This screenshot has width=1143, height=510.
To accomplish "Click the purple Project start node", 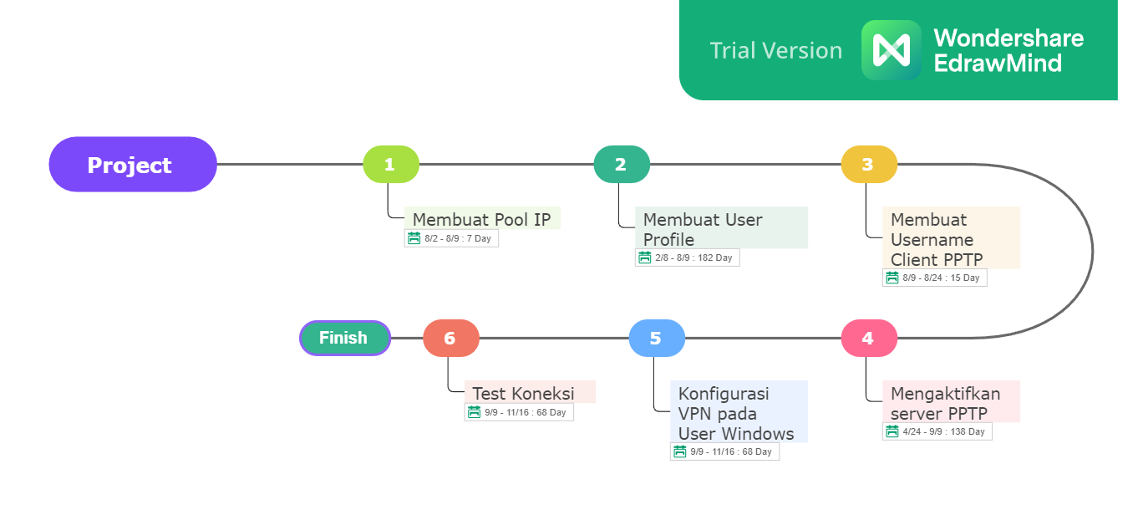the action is click(133, 165).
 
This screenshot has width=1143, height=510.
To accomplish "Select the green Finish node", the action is click(345, 338).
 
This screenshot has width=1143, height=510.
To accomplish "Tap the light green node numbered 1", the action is click(391, 165).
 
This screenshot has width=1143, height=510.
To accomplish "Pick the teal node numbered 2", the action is click(622, 165).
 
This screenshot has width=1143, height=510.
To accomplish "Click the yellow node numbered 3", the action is click(869, 165).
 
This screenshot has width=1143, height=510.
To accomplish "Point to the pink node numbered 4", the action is click(869, 338).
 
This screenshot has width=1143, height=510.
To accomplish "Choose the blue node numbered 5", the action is click(657, 338).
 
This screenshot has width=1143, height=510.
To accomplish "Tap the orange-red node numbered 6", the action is click(451, 338).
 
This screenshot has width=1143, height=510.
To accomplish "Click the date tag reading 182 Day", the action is click(688, 258).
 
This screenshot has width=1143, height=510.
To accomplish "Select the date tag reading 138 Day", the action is click(937, 431).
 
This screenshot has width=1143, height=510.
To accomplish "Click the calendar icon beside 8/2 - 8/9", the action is click(414, 238).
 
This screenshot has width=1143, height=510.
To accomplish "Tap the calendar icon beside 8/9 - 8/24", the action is click(892, 278).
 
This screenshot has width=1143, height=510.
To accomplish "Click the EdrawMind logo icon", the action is click(891, 50).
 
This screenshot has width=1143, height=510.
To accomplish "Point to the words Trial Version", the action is click(775, 50).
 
